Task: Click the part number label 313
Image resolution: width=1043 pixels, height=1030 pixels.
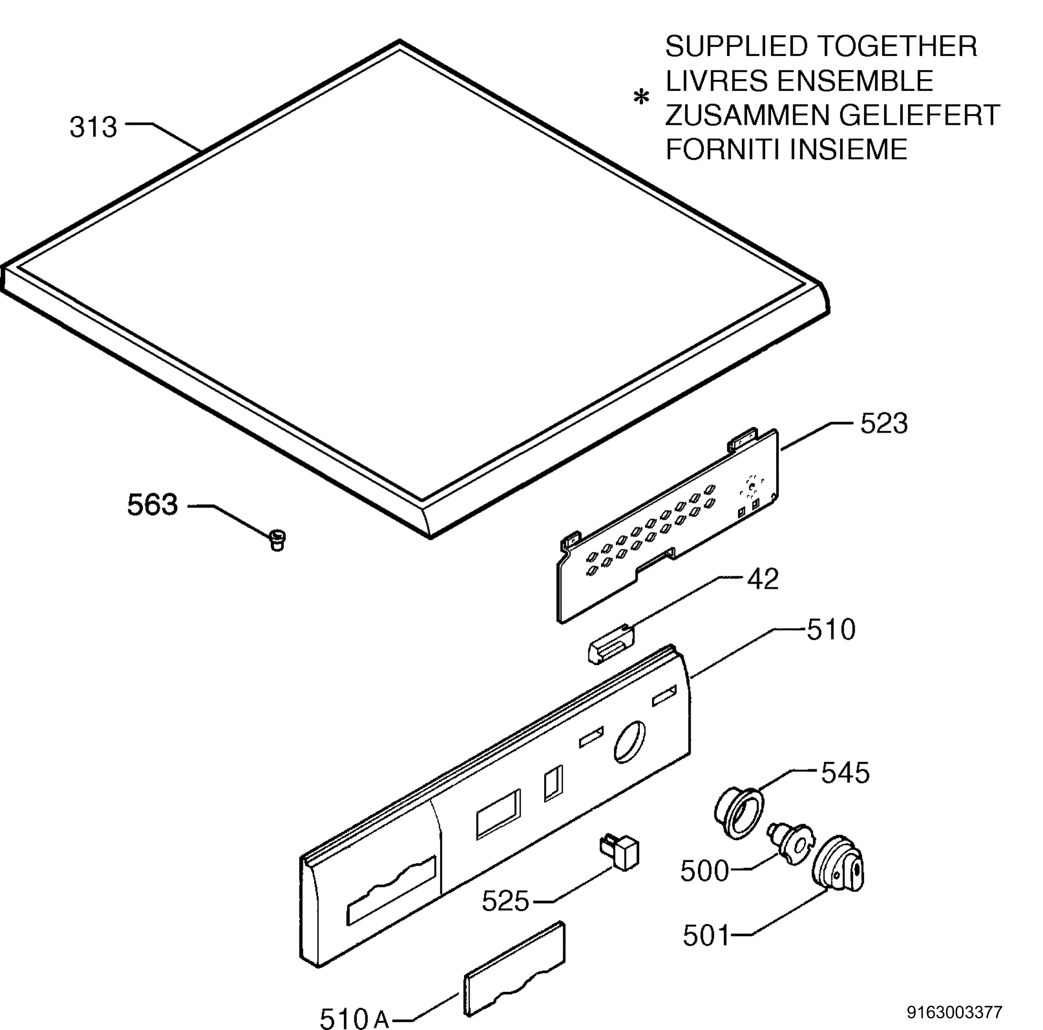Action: [93, 128]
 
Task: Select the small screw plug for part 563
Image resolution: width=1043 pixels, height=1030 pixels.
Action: [277, 540]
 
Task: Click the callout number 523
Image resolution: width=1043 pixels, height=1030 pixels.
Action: [884, 424]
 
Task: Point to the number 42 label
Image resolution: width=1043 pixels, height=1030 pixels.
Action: [763, 579]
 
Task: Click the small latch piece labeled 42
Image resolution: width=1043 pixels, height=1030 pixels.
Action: [611, 645]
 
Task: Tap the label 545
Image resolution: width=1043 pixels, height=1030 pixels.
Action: [845, 773]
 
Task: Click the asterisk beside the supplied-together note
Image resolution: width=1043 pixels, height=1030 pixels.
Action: [641, 98]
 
